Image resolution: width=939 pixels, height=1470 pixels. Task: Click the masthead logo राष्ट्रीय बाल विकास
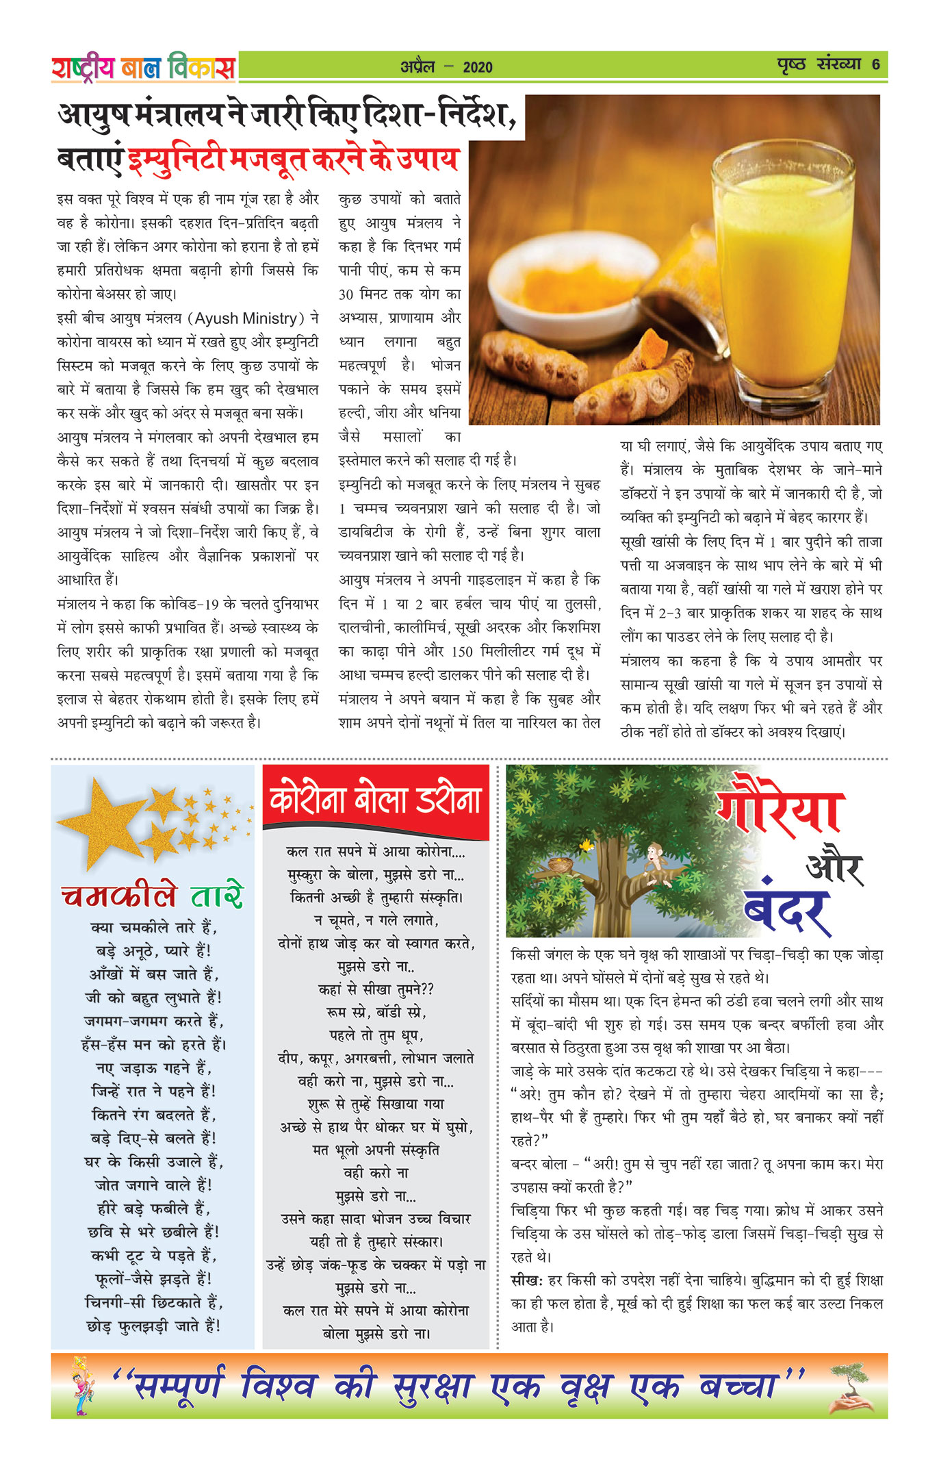point(143,67)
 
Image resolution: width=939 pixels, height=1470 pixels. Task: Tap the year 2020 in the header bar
point(477,67)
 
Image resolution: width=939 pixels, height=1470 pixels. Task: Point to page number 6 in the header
point(875,65)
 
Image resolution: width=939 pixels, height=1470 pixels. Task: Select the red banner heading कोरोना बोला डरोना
point(376,800)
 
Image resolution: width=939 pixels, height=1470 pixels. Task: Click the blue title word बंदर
point(787,911)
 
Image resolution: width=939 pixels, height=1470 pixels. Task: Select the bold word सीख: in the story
point(526,1280)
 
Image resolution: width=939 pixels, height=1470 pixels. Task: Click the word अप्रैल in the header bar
point(417,67)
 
